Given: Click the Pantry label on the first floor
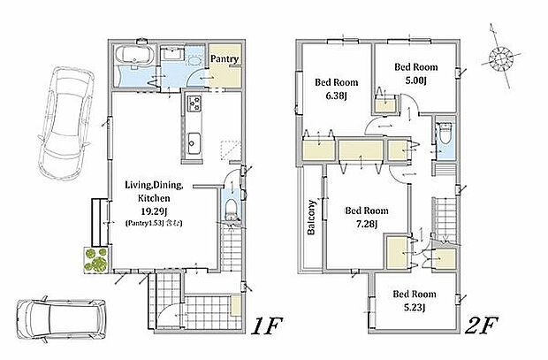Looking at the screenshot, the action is (x=225, y=58).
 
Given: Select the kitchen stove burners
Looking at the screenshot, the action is (x=194, y=103).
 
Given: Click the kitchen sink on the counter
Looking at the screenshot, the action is (x=194, y=143).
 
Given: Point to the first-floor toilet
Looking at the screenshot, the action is (x=231, y=210).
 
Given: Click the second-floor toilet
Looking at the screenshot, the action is (x=445, y=133).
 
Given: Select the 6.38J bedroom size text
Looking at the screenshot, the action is (x=336, y=96).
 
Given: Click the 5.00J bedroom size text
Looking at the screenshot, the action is (x=416, y=80).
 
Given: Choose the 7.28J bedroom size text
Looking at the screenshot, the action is (x=366, y=224).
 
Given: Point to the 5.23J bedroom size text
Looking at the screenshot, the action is (x=415, y=307).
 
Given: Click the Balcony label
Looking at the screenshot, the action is (x=311, y=217).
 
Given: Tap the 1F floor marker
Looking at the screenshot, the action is (x=267, y=326).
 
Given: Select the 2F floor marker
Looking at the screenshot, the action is (x=481, y=326).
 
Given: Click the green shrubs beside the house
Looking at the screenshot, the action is (x=95, y=259).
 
